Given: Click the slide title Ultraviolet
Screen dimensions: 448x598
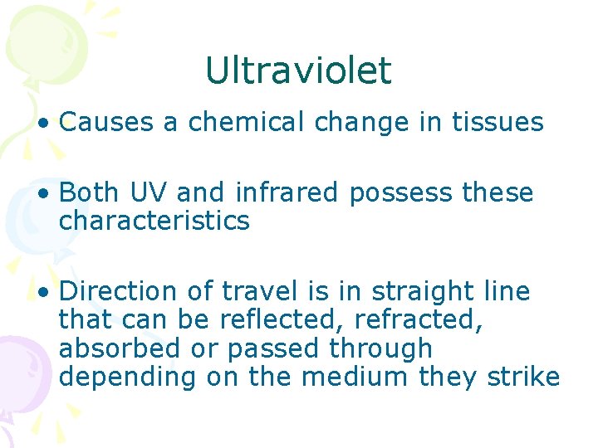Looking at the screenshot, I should tap(297, 71).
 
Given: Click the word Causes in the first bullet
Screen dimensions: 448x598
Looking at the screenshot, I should tap(108, 123).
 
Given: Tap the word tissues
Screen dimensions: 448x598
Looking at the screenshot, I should tap(498, 123).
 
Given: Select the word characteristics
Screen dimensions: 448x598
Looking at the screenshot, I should tap(154, 222).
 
